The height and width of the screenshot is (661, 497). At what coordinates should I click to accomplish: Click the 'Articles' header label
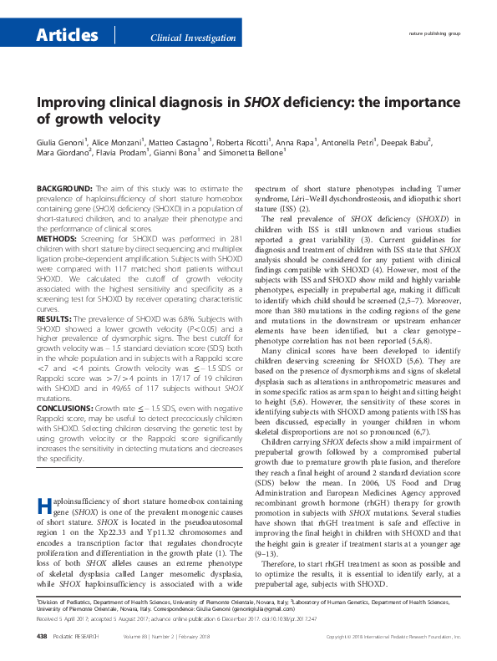click(x=66, y=34)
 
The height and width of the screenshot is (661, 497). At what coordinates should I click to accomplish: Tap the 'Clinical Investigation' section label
click(x=191, y=38)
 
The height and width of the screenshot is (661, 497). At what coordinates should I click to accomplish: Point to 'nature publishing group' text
click(x=434, y=34)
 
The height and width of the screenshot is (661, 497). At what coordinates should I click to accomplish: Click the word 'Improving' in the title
click(x=70, y=104)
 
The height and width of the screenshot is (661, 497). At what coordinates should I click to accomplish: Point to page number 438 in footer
click(x=43, y=637)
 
